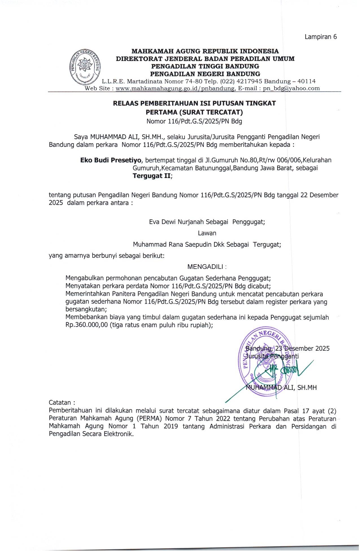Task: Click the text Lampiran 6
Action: tap(321, 37)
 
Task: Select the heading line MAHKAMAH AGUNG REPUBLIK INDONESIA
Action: tap(205, 51)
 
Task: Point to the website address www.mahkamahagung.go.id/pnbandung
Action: tap(175, 88)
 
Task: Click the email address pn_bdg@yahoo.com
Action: tap(291, 88)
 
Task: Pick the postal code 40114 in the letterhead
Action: tap(307, 81)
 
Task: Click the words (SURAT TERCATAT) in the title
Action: tap(211, 112)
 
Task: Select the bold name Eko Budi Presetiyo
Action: tap(111, 160)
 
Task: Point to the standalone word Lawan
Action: tap(207, 233)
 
